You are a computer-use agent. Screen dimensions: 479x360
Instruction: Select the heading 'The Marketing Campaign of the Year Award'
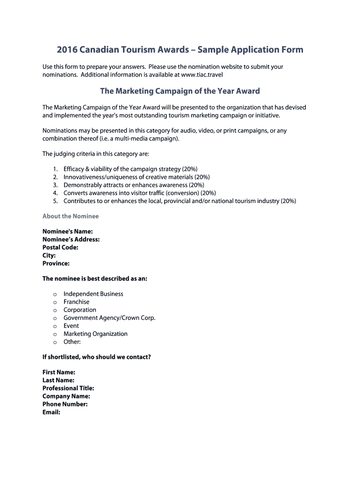[x=180, y=91]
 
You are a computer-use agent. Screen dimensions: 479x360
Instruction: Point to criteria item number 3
[x=55, y=185]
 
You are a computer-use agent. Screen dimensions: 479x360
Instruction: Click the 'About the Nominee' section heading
[x=71, y=216]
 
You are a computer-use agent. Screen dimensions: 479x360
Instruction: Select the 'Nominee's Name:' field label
[x=67, y=232]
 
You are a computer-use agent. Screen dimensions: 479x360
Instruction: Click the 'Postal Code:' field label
[x=60, y=247]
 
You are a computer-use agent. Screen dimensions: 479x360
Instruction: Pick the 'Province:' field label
[x=56, y=263]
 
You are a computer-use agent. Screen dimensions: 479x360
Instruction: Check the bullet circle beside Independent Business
[x=55, y=294]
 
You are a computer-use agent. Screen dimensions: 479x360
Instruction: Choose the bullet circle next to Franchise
[x=55, y=302]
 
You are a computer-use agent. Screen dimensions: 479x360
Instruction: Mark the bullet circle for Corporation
[x=55, y=310]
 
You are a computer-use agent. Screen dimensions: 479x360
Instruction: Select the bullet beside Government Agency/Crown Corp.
[x=55, y=318]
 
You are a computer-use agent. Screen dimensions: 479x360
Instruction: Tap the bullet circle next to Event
[x=55, y=326]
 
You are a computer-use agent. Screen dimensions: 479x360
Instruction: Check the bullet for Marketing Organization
[x=55, y=334]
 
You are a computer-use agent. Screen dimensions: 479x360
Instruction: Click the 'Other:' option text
[x=72, y=341]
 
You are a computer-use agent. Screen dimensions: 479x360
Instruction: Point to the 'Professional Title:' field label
[x=68, y=388]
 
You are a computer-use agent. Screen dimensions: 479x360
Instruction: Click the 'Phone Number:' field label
[x=65, y=404]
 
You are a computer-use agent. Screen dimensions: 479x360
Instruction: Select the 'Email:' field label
[x=51, y=412]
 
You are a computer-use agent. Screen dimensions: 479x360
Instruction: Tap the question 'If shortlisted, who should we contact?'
[x=97, y=357]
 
